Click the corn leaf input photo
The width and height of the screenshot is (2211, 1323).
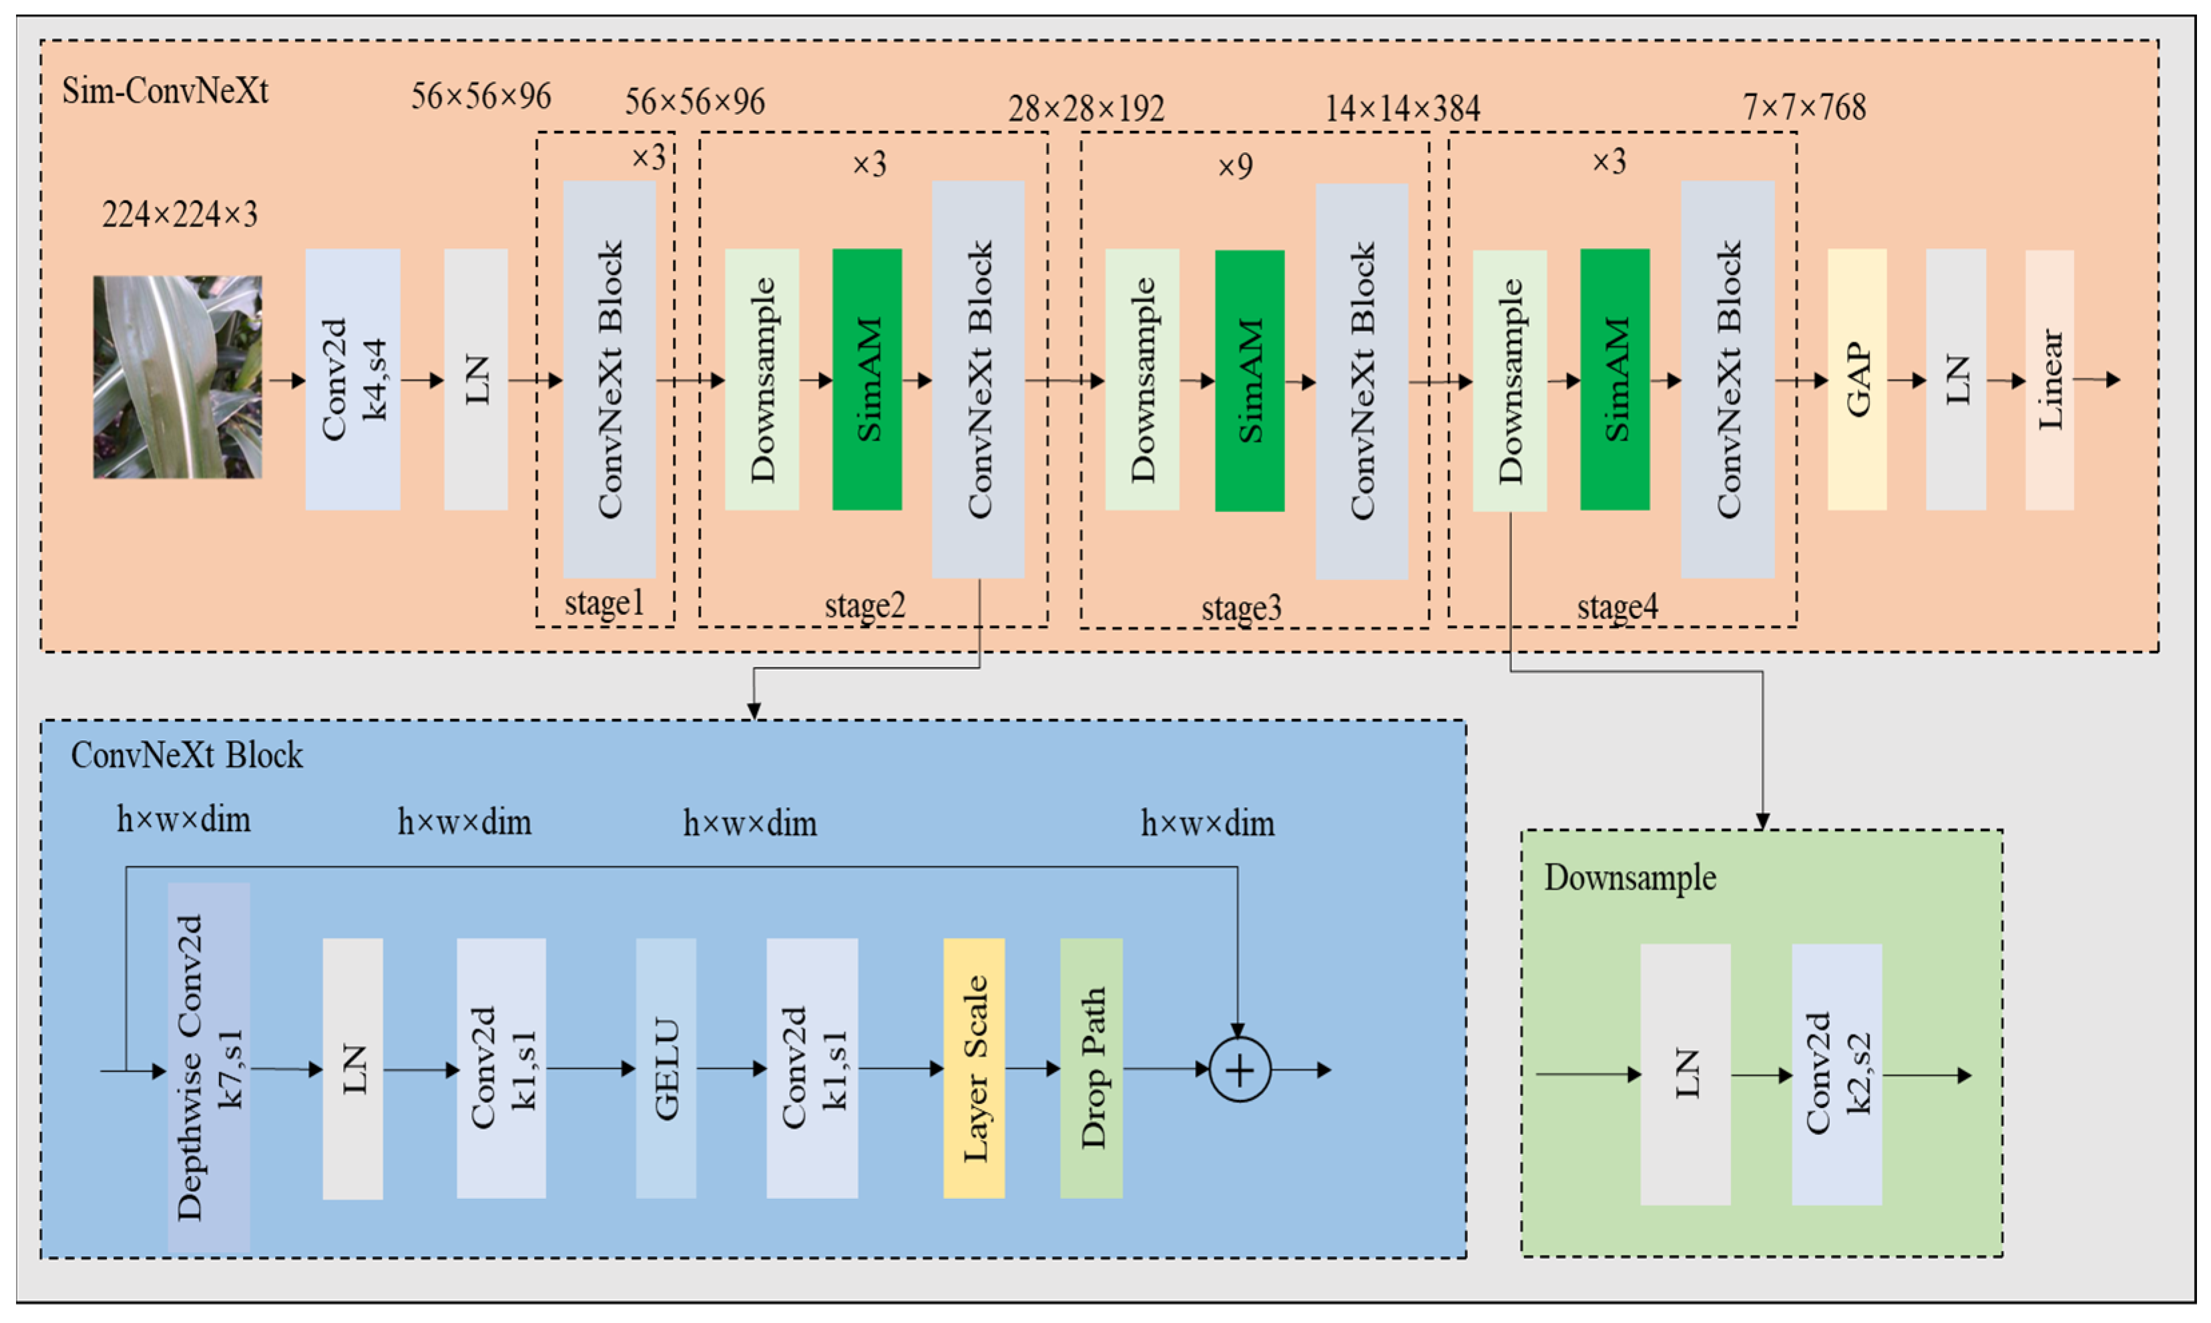(178, 376)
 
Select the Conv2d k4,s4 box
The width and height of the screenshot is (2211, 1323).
(352, 379)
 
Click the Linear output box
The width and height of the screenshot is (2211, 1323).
(2049, 379)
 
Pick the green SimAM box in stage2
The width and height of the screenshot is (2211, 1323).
(867, 379)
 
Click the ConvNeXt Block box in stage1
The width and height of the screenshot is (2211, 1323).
(609, 379)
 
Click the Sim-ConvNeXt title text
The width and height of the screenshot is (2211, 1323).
(165, 91)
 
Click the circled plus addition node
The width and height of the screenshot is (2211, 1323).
(1239, 1069)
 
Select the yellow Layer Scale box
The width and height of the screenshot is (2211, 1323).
(973, 1067)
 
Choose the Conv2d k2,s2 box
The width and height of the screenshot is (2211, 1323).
(1836, 1073)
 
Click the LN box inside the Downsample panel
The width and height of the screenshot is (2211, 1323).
(1685, 1073)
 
